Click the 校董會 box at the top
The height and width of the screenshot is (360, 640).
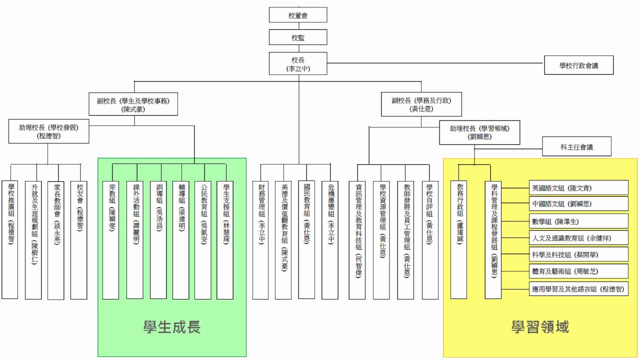298,15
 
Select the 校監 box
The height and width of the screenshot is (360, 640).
298,37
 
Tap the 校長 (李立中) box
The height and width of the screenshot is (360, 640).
298,63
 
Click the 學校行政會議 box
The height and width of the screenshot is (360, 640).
578,65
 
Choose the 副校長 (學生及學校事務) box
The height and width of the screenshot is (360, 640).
133,104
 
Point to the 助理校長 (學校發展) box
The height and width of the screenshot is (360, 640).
49,131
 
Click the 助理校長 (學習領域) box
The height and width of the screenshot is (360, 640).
479,131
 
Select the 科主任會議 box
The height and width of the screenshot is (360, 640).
577,146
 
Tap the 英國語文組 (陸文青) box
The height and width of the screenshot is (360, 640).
578,188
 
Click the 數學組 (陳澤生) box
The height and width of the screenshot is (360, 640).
578,221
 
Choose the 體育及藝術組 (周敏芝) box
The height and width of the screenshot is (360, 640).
578,271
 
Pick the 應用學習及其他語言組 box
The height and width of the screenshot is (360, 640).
578,289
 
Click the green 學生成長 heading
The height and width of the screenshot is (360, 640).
171,327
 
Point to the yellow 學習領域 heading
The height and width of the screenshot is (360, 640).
540,327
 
